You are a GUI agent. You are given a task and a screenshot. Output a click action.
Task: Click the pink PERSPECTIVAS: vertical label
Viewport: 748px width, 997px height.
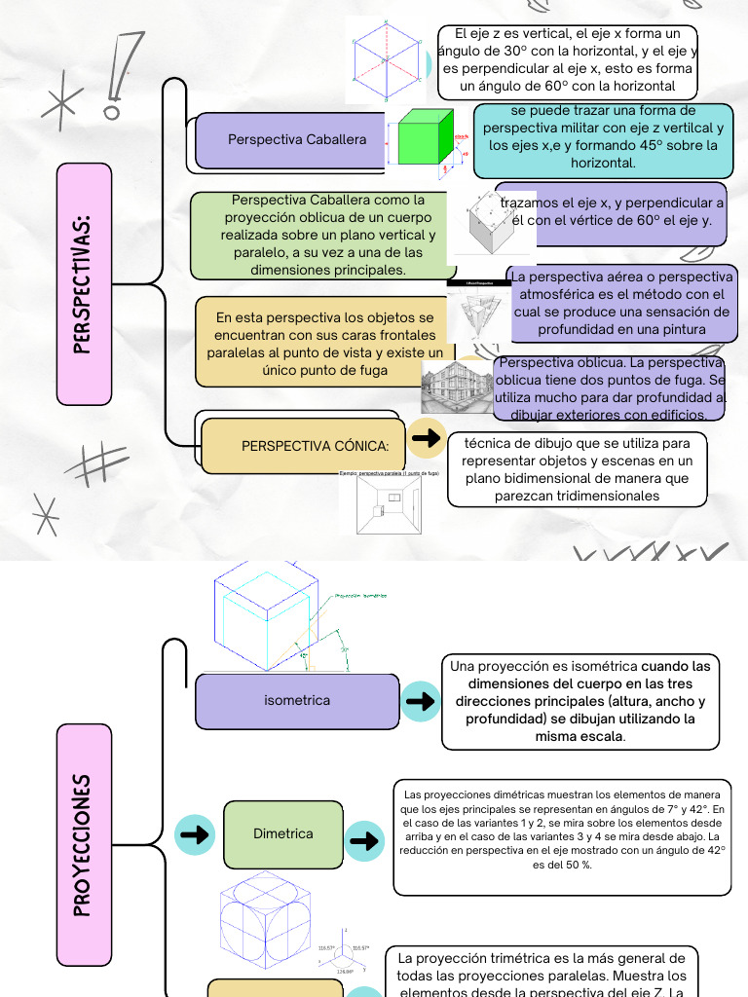85,283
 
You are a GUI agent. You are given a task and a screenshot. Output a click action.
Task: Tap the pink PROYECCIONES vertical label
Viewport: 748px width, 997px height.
85,845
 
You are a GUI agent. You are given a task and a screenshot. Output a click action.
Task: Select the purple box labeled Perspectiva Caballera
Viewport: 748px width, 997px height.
296,140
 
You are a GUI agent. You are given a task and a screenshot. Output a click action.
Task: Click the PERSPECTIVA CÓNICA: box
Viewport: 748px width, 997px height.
303,446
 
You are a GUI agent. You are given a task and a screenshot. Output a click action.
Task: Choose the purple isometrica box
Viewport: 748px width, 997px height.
296,701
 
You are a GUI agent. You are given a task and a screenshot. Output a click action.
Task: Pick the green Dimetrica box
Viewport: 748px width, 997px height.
282,834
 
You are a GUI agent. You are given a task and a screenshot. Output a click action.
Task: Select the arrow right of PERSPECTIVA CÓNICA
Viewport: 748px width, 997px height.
426,438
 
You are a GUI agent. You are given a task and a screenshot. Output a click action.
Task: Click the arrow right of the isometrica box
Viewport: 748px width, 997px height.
421,701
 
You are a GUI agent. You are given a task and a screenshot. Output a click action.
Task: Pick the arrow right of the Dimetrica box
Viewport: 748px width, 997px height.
366,839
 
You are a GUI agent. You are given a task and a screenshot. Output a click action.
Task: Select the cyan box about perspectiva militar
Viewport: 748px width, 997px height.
603,137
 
